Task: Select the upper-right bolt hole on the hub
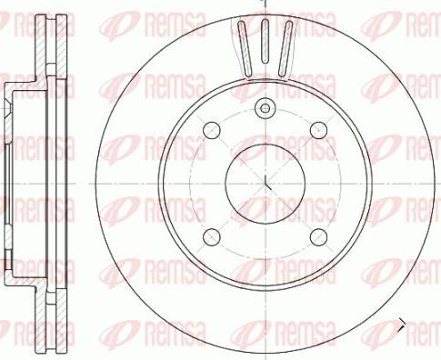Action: click(x=317, y=131)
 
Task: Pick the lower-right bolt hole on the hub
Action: click(x=317, y=236)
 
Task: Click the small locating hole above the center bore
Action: click(x=265, y=108)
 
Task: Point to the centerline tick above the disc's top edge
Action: click(x=265, y=5)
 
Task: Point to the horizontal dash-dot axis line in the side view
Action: click(x=36, y=181)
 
